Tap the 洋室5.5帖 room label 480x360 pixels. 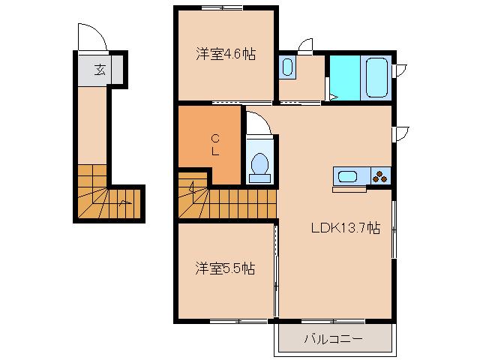[x=226, y=268]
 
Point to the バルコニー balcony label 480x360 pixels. [x=333, y=339]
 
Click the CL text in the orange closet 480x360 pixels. [x=214, y=144]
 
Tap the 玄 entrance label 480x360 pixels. [x=100, y=70]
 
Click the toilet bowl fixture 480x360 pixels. [x=259, y=164]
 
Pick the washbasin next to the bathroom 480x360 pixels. [x=288, y=67]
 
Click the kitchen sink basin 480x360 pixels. [x=348, y=177]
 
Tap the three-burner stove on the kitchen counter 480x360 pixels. [x=380, y=177]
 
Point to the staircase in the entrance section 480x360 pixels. [x=105, y=195]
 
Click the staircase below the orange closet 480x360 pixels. [x=225, y=198]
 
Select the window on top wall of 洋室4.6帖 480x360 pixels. [x=223, y=7]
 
